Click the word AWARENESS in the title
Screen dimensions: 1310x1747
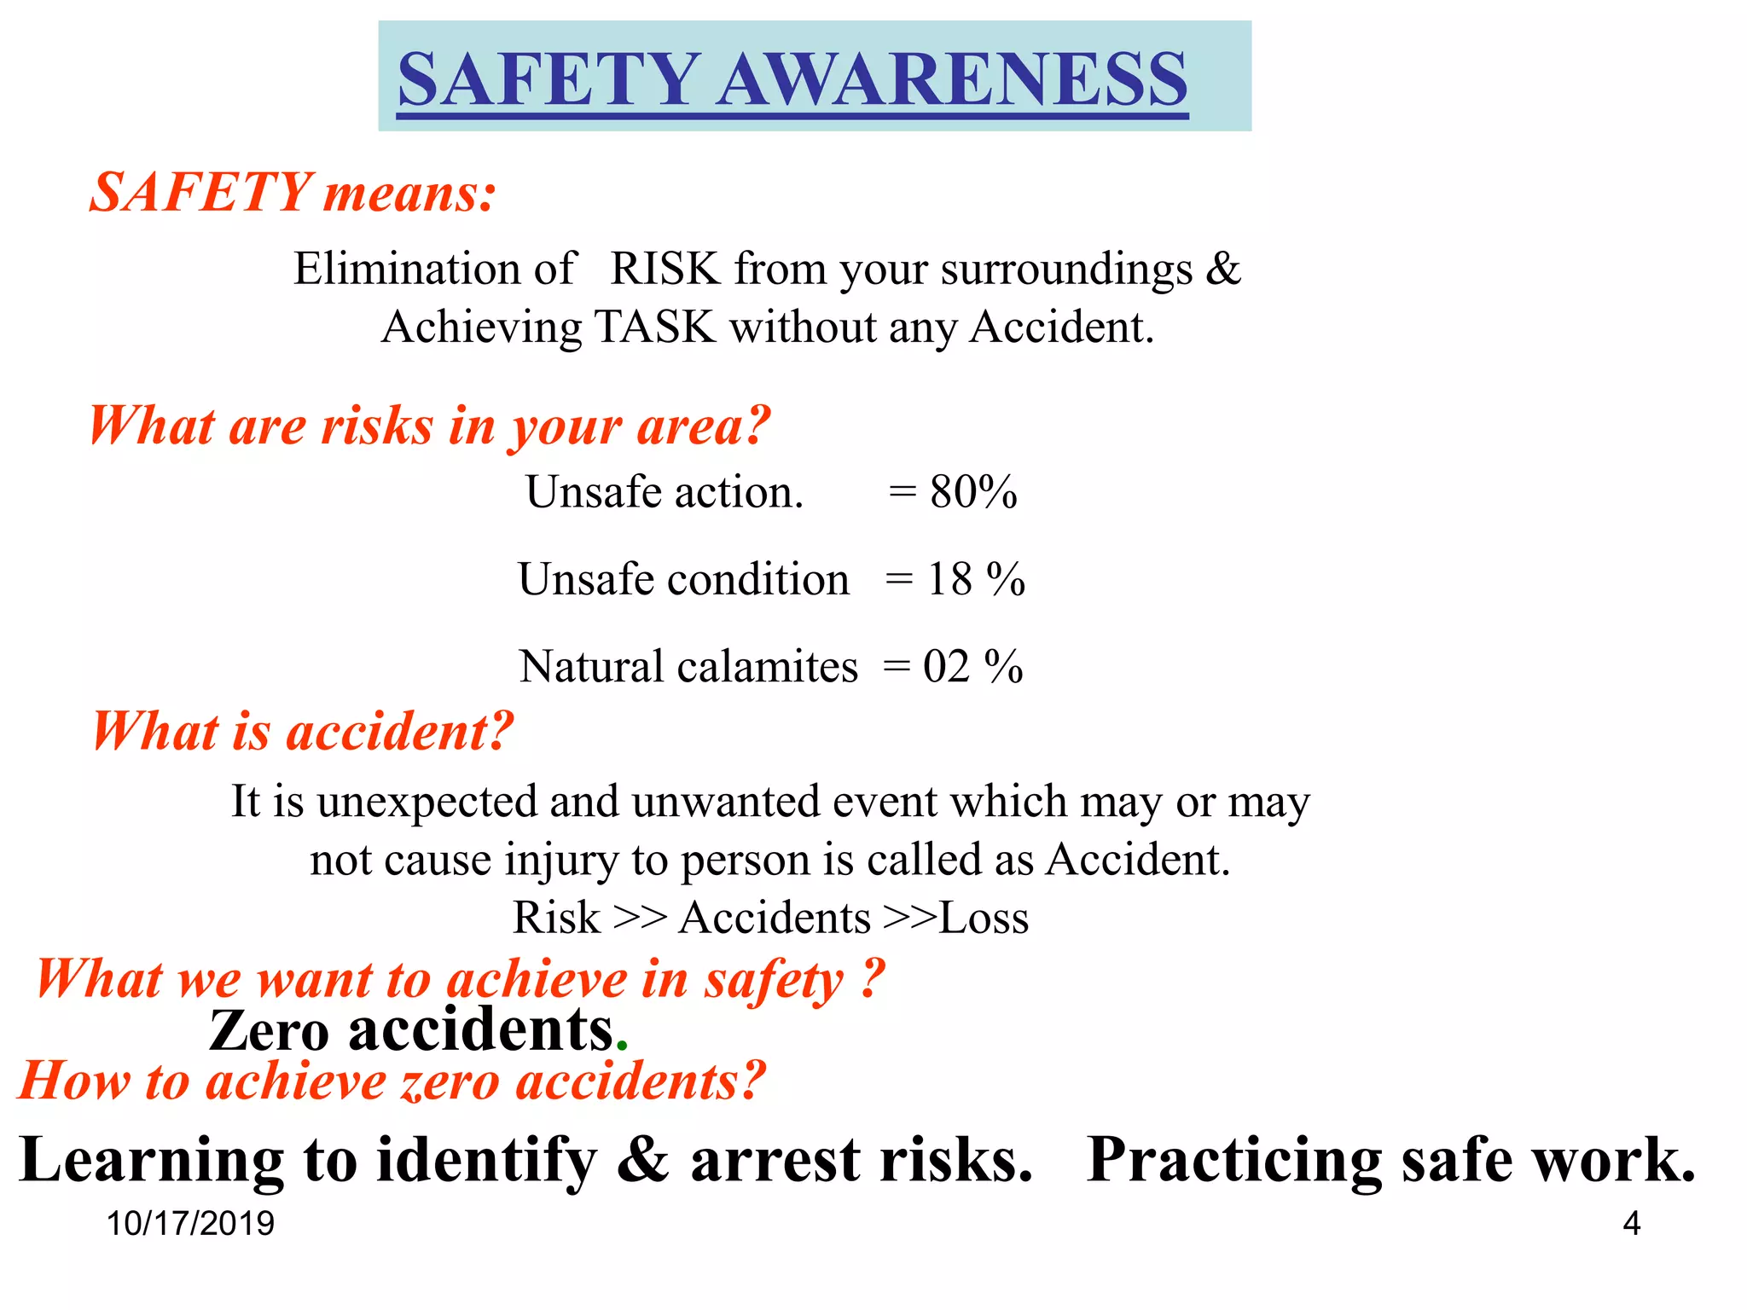[952, 78]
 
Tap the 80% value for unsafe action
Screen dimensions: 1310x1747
[973, 492]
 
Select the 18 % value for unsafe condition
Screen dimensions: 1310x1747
[975, 580]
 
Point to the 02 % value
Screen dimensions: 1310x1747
[972, 667]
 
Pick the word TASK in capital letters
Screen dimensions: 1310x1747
[655, 327]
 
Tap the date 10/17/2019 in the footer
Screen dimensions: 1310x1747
[190, 1224]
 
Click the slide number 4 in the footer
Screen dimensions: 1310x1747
[1631, 1224]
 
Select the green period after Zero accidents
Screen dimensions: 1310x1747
[622, 1046]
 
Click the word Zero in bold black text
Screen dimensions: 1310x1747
[269, 1031]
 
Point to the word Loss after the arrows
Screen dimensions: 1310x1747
[984, 919]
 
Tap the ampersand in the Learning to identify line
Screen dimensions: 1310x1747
[643, 1160]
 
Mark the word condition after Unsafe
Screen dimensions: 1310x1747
[758, 580]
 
